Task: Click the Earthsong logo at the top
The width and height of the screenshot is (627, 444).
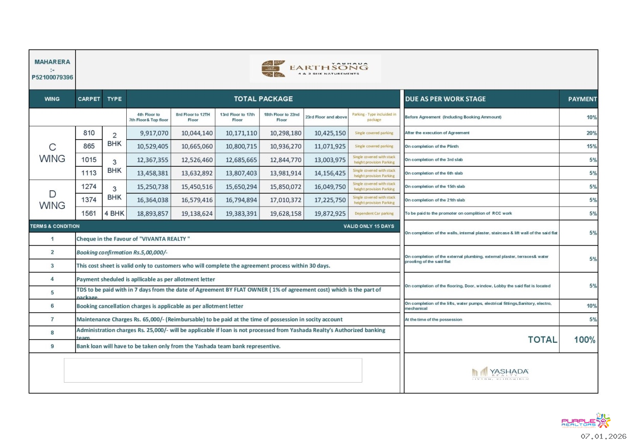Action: point(315,69)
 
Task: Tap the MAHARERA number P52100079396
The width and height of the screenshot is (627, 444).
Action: point(52,77)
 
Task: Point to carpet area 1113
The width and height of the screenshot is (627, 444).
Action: point(88,173)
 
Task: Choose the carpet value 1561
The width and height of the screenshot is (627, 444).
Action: point(88,213)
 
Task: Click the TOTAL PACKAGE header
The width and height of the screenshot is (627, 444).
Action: point(263,99)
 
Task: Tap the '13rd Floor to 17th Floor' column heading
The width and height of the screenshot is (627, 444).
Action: point(237,117)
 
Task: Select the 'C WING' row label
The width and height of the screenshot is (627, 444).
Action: point(52,153)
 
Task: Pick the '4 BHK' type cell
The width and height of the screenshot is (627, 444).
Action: point(114,213)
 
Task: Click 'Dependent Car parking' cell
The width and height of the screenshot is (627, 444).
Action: point(374,214)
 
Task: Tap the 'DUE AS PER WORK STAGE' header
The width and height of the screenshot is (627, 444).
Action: point(445,99)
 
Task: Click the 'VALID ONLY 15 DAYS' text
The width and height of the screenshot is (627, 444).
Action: point(369,226)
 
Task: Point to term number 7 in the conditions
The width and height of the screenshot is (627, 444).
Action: point(52,319)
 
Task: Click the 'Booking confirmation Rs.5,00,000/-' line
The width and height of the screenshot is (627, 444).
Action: point(122,253)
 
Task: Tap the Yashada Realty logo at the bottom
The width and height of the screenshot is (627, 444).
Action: point(500,373)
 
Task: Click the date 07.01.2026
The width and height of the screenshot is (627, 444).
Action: point(602,436)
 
